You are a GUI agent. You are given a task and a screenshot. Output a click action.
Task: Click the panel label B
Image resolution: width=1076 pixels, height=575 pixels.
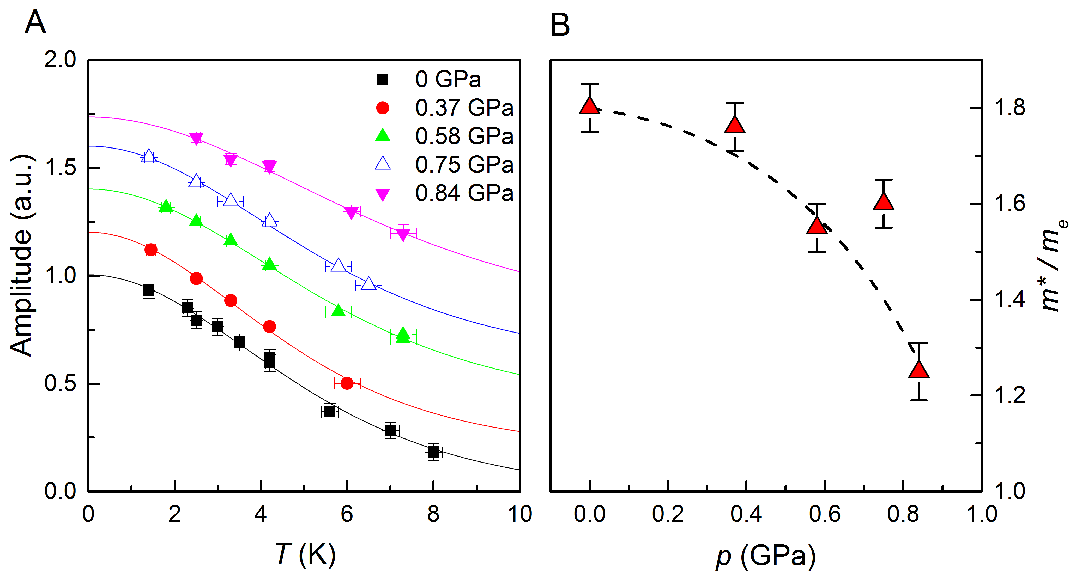click(560, 25)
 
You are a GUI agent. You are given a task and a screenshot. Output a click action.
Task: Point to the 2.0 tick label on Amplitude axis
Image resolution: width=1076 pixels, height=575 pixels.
click(61, 60)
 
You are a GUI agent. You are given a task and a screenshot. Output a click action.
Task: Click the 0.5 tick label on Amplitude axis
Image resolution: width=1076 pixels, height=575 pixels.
click(61, 383)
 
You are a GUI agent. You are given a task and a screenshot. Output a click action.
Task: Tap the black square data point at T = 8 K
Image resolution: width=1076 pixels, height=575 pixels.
click(433, 452)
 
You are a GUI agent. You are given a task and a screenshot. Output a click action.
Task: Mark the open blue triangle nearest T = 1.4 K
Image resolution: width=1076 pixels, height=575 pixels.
click(149, 156)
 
